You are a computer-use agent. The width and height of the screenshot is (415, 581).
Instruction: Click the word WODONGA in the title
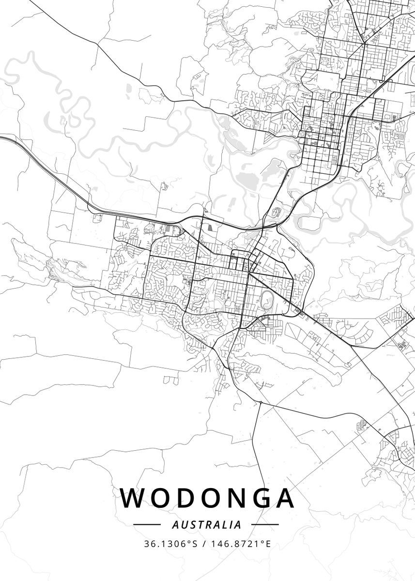coord(207,498)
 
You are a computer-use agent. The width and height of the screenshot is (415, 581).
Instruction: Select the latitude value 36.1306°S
coord(170,544)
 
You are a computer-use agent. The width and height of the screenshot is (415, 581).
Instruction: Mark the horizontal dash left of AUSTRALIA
coord(146,524)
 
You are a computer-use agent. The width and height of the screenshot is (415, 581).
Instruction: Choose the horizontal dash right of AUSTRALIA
coord(265,524)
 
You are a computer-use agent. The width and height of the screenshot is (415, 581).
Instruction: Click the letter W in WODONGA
coord(132,498)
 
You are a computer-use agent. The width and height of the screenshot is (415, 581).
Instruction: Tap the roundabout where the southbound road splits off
coord(261,402)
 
